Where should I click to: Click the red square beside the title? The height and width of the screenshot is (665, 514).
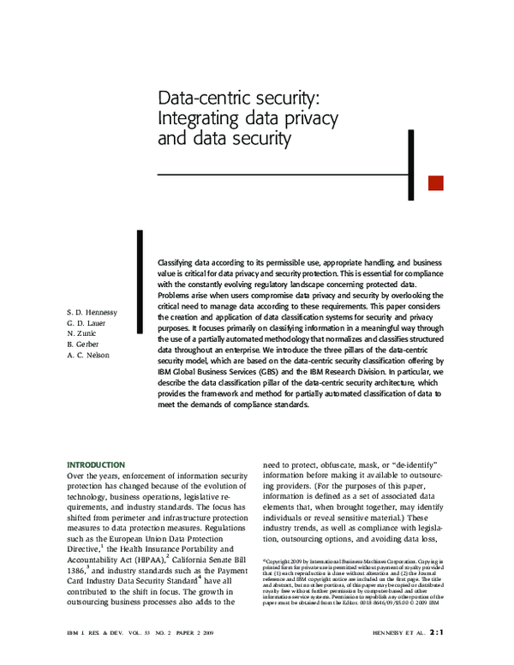click(435, 183)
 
